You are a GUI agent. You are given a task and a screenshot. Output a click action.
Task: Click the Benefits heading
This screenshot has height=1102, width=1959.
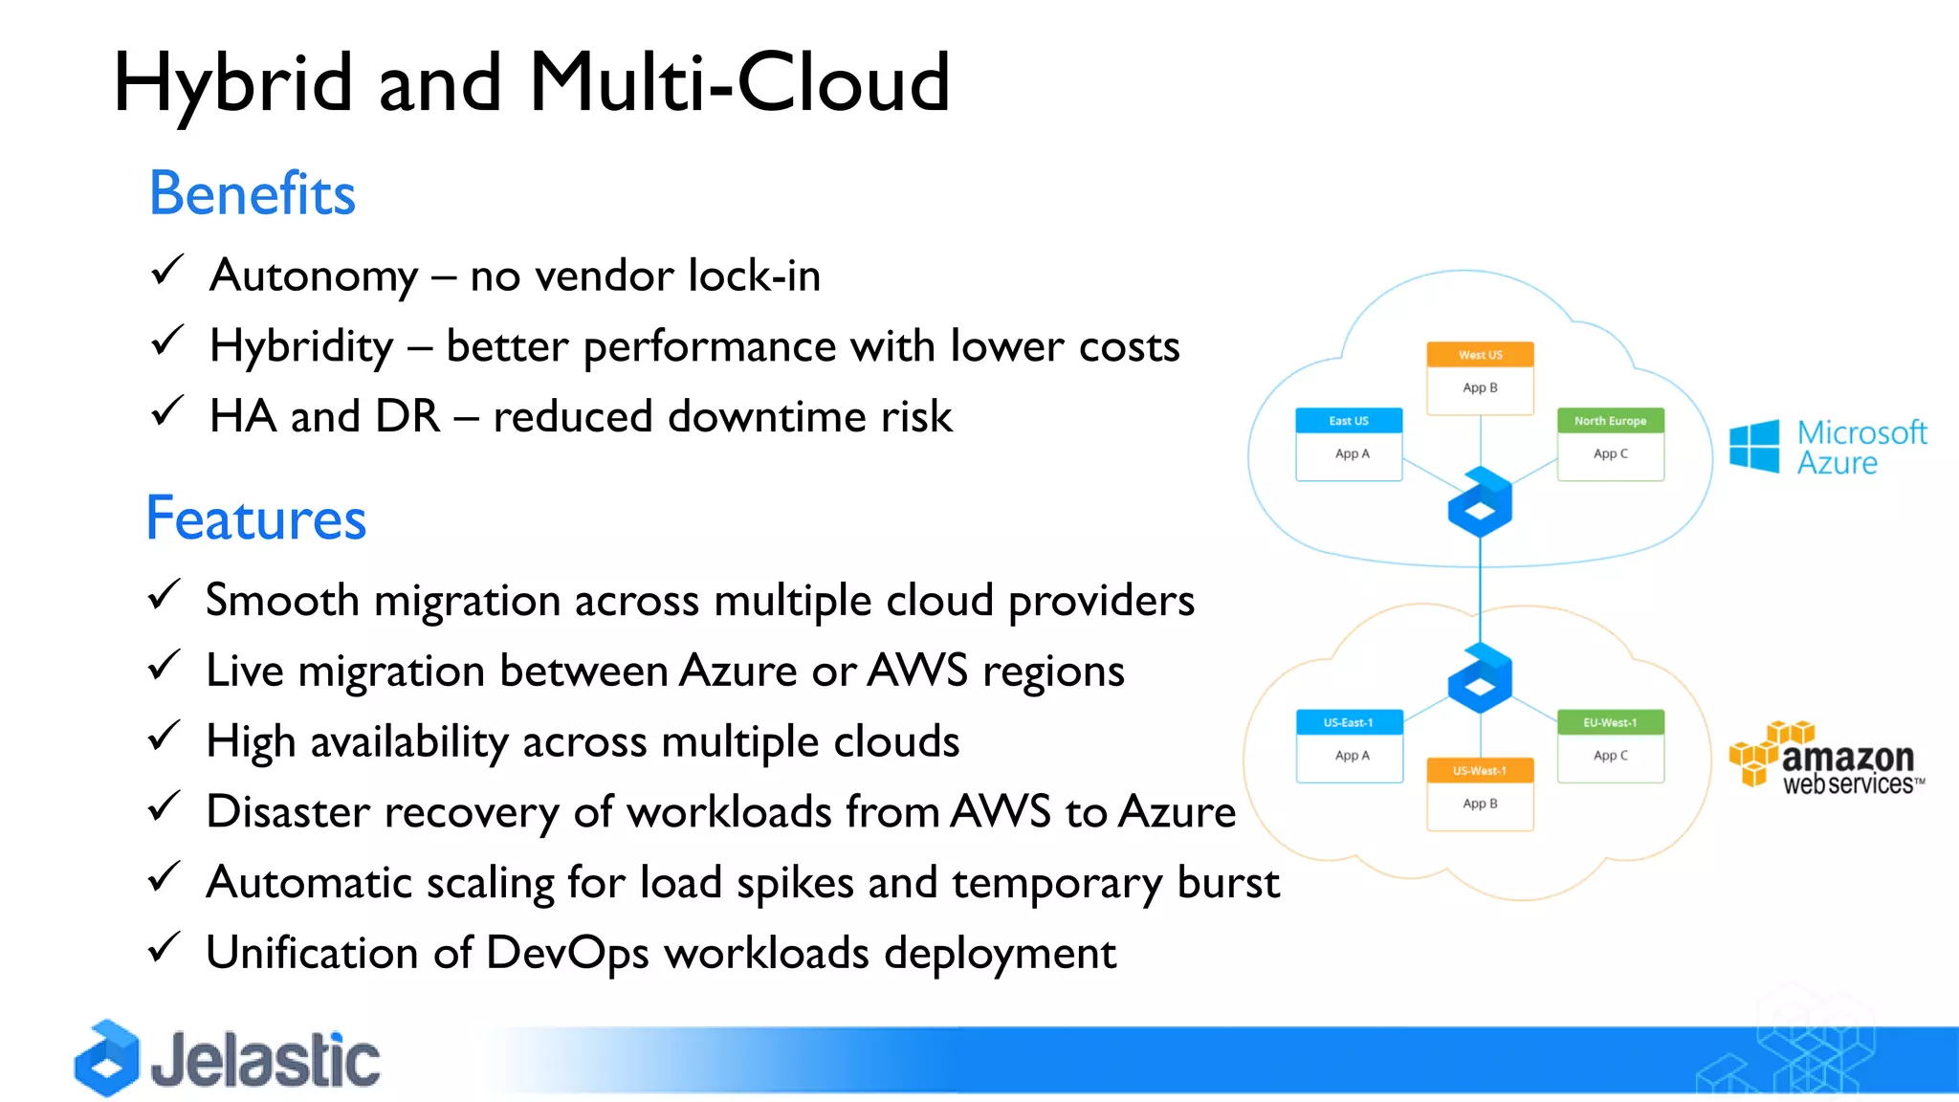coord(253,194)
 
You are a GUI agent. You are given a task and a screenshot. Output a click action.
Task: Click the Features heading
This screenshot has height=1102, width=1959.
coord(255,519)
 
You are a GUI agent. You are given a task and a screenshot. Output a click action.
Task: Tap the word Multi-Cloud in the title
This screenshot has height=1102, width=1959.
coord(738,83)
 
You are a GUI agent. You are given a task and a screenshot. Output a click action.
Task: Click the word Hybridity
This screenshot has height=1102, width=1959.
coord(301,346)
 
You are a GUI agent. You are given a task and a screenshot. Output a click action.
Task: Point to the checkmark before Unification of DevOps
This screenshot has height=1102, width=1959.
coord(165,948)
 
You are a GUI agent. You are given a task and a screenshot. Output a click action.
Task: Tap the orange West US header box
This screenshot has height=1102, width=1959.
coord(1480,355)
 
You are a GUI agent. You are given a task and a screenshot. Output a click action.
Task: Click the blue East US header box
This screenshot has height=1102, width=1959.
coord(1349,421)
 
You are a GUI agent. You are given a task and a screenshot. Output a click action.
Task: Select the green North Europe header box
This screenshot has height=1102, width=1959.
coord(1610,421)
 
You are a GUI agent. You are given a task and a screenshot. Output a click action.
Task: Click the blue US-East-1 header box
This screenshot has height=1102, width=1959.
coord(1349,722)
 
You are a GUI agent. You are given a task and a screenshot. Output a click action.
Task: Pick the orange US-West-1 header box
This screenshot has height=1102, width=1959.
coord(1480,770)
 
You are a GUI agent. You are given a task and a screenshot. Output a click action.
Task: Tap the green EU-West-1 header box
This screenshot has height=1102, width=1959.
coord(1610,722)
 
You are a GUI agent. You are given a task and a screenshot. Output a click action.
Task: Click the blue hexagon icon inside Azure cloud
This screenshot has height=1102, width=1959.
coord(1480,503)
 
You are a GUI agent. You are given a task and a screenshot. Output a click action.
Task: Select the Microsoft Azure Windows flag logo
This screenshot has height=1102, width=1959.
coord(1754,446)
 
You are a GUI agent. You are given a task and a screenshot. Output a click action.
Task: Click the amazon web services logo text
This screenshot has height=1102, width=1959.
coord(1847,767)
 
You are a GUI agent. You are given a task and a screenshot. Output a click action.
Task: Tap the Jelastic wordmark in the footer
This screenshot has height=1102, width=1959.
coord(265,1061)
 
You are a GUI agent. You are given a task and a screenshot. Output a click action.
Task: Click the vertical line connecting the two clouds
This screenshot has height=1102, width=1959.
coord(1480,593)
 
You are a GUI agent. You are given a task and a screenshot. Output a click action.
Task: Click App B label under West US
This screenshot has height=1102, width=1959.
coord(1480,387)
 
